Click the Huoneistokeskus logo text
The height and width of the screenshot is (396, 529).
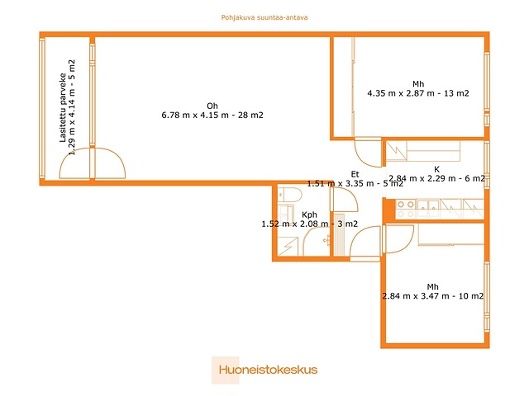[x=268, y=370]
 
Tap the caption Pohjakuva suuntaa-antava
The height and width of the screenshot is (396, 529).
[x=264, y=17]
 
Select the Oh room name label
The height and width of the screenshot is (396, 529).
[x=212, y=106]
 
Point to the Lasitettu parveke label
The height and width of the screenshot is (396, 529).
[x=63, y=107]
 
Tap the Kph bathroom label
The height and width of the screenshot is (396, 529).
[x=309, y=214]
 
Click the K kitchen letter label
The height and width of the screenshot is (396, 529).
[x=437, y=169]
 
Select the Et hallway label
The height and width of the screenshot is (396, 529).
[x=355, y=174]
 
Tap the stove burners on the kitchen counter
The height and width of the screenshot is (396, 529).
[x=406, y=209]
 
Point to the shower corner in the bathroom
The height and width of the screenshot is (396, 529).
[x=288, y=247]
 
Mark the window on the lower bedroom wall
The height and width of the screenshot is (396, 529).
[x=487, y=297]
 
